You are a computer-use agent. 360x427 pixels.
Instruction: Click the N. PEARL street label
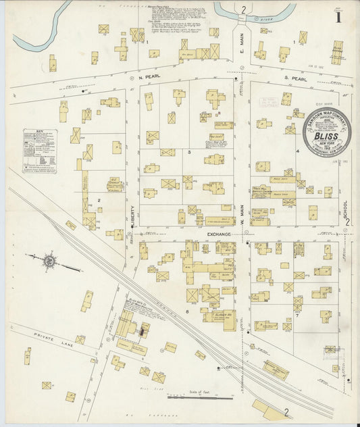(x=147, y=77)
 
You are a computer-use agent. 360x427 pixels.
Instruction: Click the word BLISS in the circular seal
(x=326, y=136)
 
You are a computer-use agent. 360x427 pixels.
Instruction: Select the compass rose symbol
(x=49, y=259)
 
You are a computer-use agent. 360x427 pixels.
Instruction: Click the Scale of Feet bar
(x=200, y=397)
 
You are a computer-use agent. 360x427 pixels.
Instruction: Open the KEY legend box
(x=39, y=150)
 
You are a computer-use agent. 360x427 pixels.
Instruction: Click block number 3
(x=190, y=152)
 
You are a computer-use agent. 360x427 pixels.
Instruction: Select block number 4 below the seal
(x=297, y=152)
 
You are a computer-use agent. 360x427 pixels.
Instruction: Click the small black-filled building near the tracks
(x=143, y=330)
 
